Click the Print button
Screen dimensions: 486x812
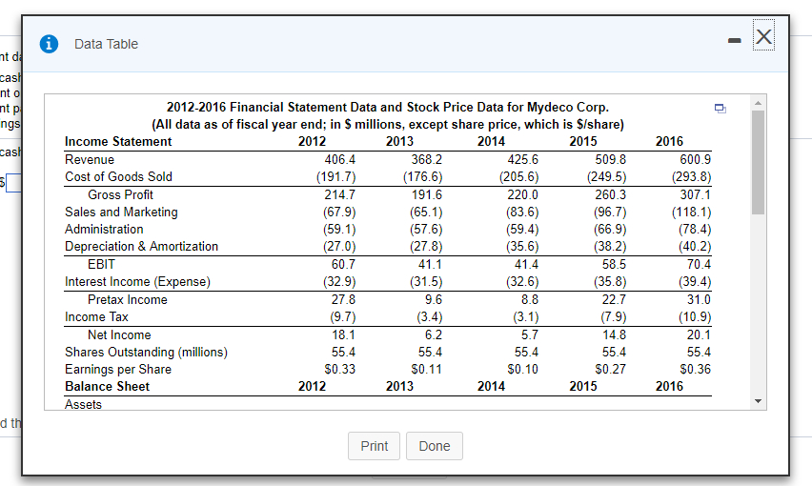[x=374, y=446]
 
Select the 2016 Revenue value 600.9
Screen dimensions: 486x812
[x=693, y=159]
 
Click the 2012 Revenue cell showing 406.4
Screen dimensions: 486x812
[x=340, y=159]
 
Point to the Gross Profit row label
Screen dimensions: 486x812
[x=120, y=194]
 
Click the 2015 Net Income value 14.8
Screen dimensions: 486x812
[x=614, y=334]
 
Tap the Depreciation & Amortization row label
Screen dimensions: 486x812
[x=141, y=246]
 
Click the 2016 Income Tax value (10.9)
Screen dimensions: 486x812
[x=693, y=316]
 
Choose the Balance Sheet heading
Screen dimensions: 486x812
[x=107, y=386]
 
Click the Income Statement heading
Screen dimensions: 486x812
[x=118, y=141]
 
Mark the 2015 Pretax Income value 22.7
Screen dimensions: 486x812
[x=613, y=299]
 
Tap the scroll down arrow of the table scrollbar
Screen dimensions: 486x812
[x=758, y=401]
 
